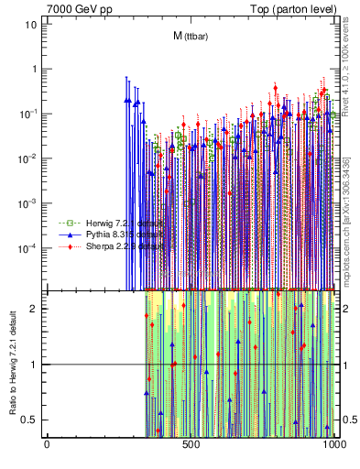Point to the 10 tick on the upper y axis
(31, 24)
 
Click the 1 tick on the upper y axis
(34, 69)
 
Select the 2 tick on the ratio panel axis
(35, 309)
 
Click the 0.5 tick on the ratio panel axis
(31, 420)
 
